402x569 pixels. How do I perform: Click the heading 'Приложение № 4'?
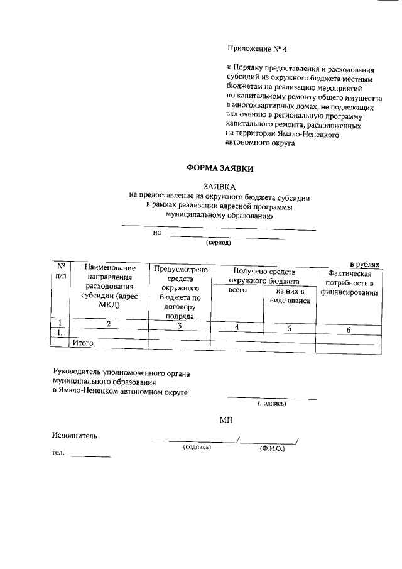pyautogui.click(x=251, y=48)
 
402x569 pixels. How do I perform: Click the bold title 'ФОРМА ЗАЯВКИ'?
pyautogui.click(x=218, y=168)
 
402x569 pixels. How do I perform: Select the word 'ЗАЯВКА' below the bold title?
pyautogui.click(x=219, y=187)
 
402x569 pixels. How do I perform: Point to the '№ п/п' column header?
pyautogui.click(x=60, y=271)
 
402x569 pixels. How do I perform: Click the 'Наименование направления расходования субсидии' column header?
pyautogui.click(x=109, y=286)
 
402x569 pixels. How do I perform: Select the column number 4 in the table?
pyautogui.click(x=237, y=328)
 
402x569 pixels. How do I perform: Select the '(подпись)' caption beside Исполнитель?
pyautogui.click(x=197, y=448)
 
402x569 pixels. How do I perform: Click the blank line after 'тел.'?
pyautogui.click(x=89, y=455)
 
